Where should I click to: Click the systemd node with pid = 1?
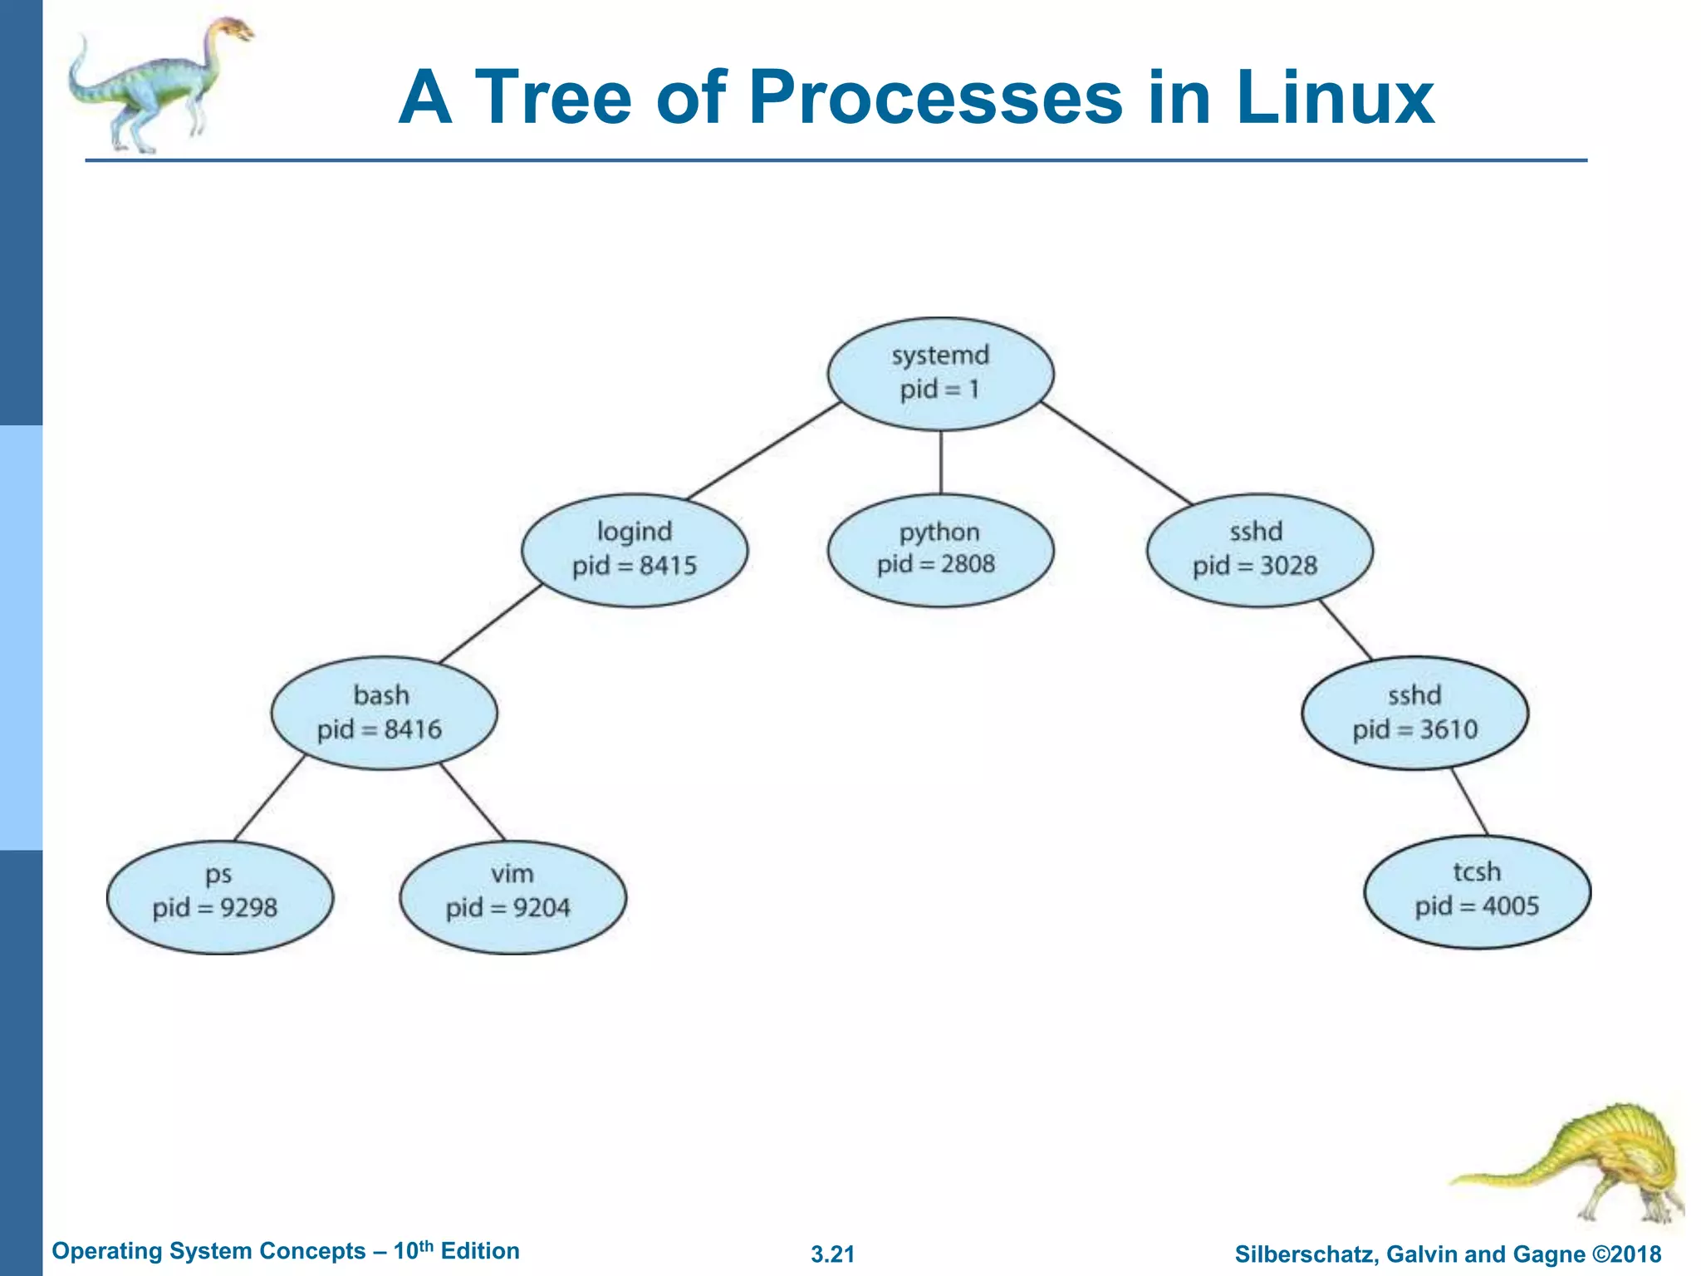tap(940, 374)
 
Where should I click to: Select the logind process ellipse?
tap(635, 550)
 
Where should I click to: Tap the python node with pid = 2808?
tap(940, 550)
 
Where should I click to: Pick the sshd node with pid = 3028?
tap(1259, 550)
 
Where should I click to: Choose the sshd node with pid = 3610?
tap(1414, 713)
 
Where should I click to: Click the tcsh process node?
tap(1477, 891)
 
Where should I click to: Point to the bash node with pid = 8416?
tap(384, 713)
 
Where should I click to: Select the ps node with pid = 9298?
tap(219, 897)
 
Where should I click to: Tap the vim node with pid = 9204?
tap(512, 897)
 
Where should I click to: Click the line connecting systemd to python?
tap(940, 462)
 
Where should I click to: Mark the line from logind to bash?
tap(490, 624)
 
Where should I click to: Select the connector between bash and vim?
tap(472, 802)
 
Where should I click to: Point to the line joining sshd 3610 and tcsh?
tap(1469, 802)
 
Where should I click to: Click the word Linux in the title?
tap(1334, 98)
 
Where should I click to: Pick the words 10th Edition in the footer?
tap(456, 1251)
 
